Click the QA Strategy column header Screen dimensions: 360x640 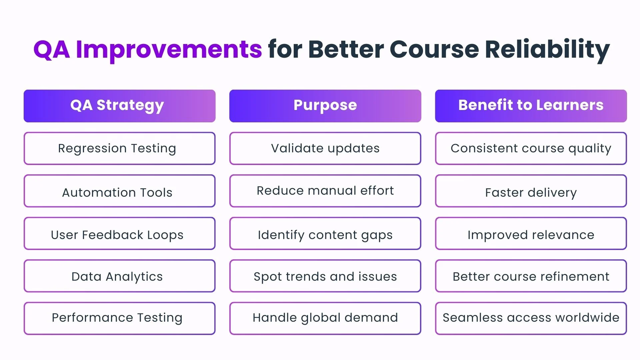119,106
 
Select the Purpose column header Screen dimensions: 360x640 325,106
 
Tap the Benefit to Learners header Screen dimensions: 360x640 531,106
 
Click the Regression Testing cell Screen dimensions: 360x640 119,148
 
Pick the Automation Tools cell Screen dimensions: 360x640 119,191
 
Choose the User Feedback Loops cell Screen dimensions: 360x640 119,233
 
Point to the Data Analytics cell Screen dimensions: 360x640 119,276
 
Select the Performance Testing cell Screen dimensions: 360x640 119,318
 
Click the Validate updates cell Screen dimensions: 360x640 325,148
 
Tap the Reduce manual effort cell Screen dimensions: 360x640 325,191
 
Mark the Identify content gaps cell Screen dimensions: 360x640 325,233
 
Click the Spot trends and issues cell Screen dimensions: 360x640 325,276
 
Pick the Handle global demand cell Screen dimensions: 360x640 325,318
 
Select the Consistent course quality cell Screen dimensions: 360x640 531,148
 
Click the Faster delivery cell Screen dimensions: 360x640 531,191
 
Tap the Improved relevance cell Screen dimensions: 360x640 531,233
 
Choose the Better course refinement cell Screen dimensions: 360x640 531,276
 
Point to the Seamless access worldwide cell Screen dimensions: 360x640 531,318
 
